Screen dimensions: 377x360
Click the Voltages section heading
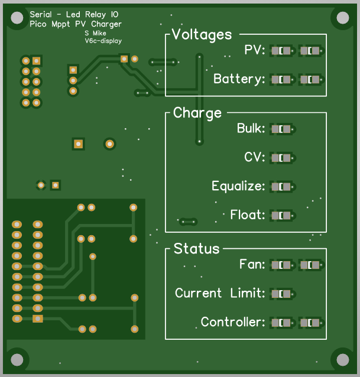click(202, 35)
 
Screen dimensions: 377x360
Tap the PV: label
click(255, 51)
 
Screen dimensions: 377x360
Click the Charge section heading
click(197, 113)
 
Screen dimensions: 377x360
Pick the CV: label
click(255, 158)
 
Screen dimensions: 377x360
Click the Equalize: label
click(238, 187)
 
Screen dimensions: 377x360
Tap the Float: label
click(248, 215)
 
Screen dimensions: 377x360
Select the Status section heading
click(196, 249)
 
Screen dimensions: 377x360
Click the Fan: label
click(252, 265)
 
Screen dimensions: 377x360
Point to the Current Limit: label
click(220, 294)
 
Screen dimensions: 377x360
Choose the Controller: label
click(233, 323)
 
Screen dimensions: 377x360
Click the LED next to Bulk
click(281, 129)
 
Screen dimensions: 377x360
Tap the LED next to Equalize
click(281, 187)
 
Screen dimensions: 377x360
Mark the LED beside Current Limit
click(281, 294)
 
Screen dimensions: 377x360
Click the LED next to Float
click(281, 215)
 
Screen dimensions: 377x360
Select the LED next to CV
click(281, 158)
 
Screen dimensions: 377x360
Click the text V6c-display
click(103, 41)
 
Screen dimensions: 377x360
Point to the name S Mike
click(95, 34)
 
